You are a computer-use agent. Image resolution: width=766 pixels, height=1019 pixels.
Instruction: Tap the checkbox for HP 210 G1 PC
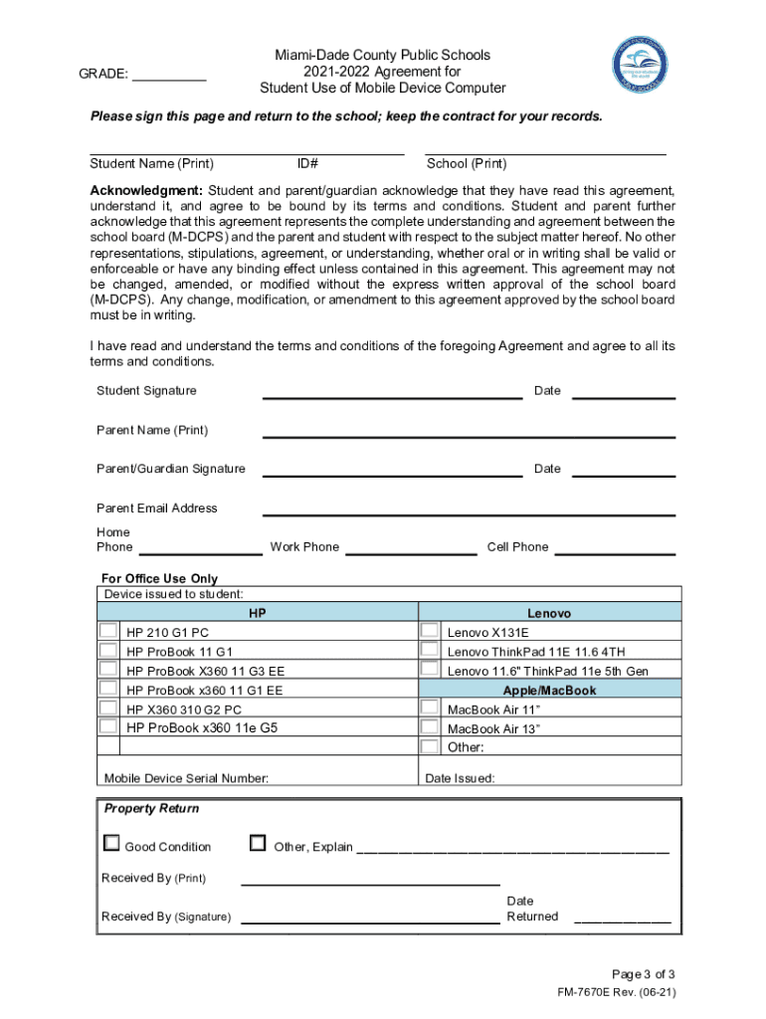point(107,631)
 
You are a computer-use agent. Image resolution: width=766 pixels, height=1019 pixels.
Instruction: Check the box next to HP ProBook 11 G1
point(107,650)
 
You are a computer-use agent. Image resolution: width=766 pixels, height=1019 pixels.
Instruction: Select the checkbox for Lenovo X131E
point(429,631)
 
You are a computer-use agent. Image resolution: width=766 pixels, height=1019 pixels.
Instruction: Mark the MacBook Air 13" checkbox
point(429,727)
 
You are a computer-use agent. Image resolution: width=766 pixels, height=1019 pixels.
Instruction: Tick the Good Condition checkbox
point(111,844)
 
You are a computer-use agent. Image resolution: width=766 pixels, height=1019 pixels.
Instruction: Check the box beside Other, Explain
point(258,844)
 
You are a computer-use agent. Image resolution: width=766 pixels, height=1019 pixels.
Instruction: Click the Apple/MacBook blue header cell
point(549,690)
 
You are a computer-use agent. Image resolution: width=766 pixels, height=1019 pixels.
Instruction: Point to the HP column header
point(258,613)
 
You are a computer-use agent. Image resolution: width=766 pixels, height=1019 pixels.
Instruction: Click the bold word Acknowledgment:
point(146,190)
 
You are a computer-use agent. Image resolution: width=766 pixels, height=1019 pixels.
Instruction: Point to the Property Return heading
point(152,808)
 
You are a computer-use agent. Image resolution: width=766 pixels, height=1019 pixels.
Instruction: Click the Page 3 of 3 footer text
point(644,974)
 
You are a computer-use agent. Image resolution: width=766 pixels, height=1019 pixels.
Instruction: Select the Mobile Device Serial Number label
point(186,778)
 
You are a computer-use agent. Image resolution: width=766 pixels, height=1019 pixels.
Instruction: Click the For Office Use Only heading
point(159,578)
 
